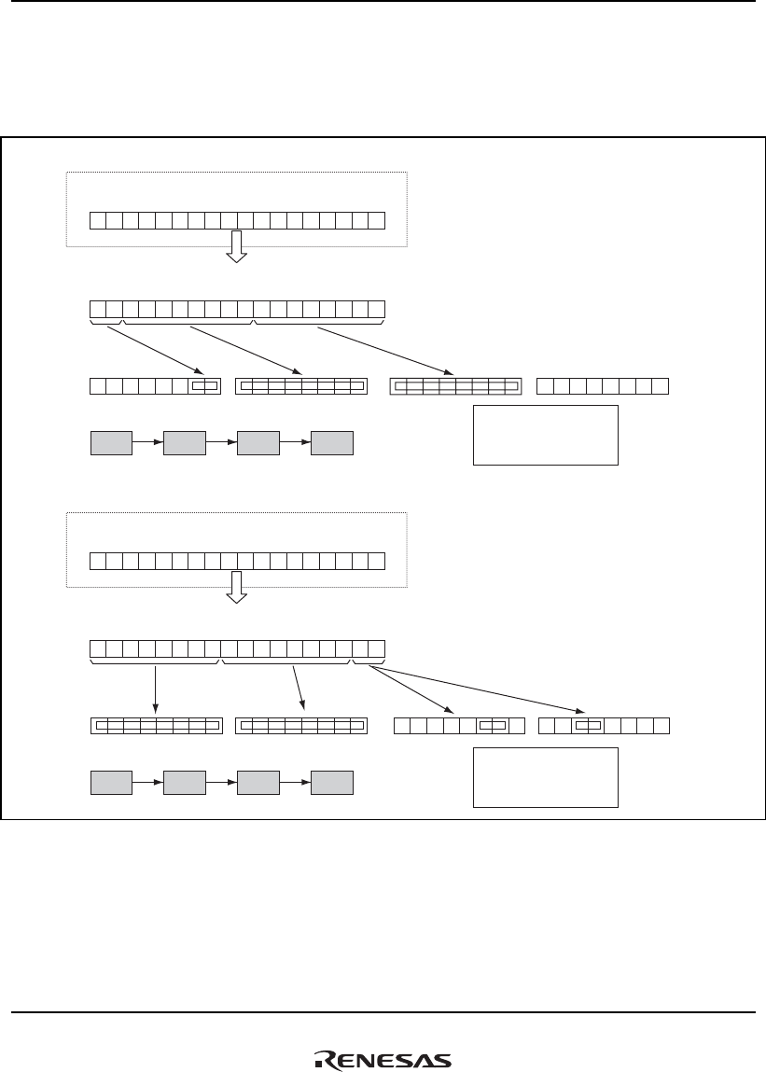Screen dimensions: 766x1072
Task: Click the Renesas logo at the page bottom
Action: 383,1060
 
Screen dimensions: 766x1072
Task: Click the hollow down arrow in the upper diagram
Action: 237,245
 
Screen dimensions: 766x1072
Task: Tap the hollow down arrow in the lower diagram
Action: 237,587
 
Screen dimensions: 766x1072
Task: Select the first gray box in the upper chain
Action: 111,443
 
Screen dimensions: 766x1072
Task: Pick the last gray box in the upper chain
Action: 332,443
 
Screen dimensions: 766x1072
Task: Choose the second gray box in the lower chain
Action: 185,784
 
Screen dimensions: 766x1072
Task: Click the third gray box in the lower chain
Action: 258,784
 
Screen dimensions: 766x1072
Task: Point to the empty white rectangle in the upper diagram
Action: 546,435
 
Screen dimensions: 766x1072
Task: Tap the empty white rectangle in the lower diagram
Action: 546,776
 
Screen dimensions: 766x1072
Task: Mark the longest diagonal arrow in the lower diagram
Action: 485,690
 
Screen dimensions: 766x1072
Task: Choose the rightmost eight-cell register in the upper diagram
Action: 605,385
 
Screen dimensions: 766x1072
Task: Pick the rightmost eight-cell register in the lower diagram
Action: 605,725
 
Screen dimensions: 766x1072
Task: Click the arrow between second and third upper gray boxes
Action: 221,443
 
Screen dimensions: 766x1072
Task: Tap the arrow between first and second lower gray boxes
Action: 147,784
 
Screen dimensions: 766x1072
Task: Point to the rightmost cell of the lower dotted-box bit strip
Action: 376,561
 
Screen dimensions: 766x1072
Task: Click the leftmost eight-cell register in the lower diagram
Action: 156,725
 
